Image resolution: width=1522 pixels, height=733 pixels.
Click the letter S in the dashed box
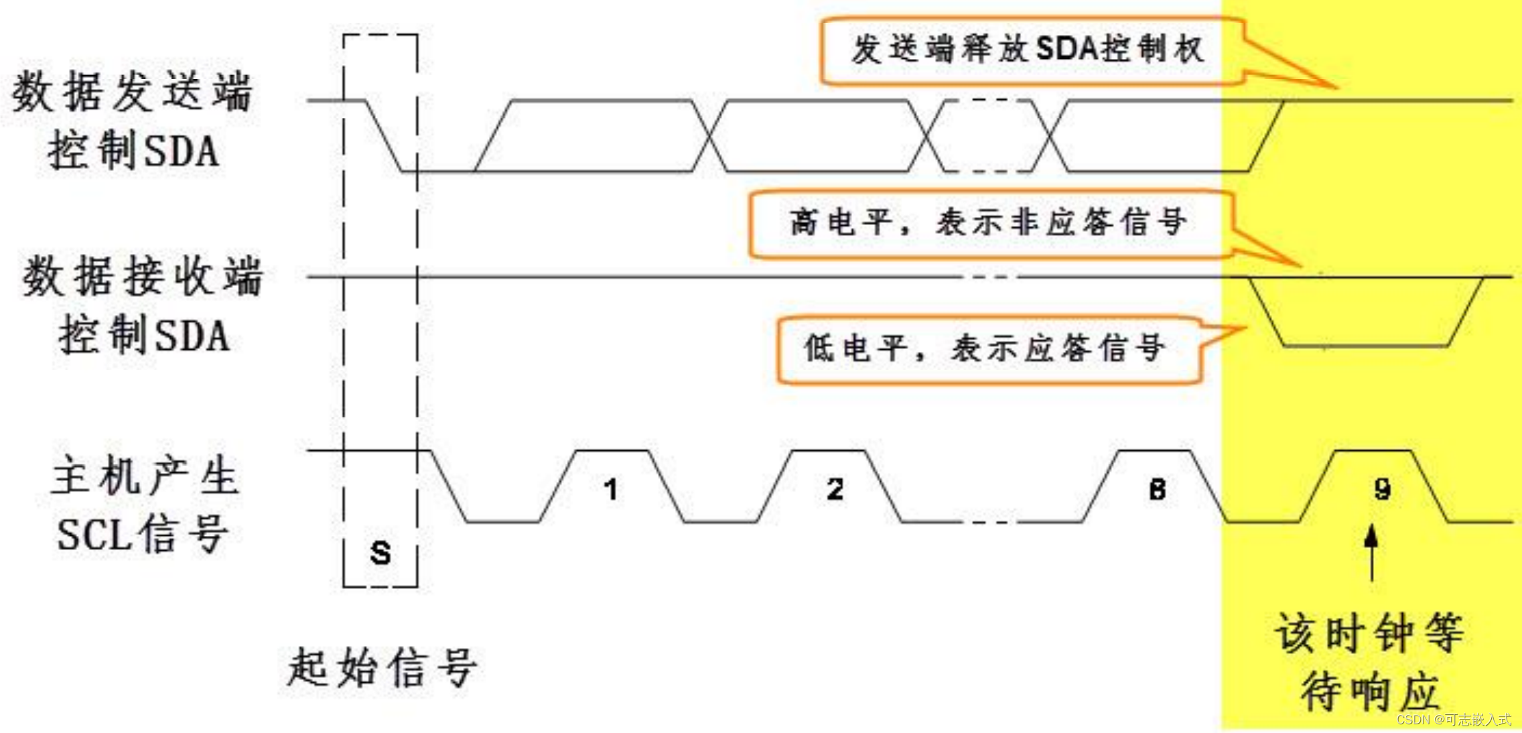380,553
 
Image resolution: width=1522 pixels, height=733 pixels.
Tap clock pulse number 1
610,490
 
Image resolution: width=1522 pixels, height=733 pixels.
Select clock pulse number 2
835,490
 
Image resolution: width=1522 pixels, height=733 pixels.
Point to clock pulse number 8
1157,490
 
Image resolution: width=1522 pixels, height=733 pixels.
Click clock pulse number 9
1382,490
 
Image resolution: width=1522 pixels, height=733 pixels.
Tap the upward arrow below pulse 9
1372,553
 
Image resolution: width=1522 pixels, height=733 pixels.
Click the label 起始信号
382,667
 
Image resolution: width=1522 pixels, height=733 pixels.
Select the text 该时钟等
1369,632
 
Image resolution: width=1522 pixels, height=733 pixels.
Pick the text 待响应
1369,691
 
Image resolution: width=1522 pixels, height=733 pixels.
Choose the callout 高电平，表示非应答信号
988,223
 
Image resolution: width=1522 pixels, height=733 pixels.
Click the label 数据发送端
133,92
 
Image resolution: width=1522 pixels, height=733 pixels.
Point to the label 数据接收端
142,277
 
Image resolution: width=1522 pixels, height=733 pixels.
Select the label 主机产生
145,476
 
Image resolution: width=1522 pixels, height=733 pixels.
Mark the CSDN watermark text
1454,720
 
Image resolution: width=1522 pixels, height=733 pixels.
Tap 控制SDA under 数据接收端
145,336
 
